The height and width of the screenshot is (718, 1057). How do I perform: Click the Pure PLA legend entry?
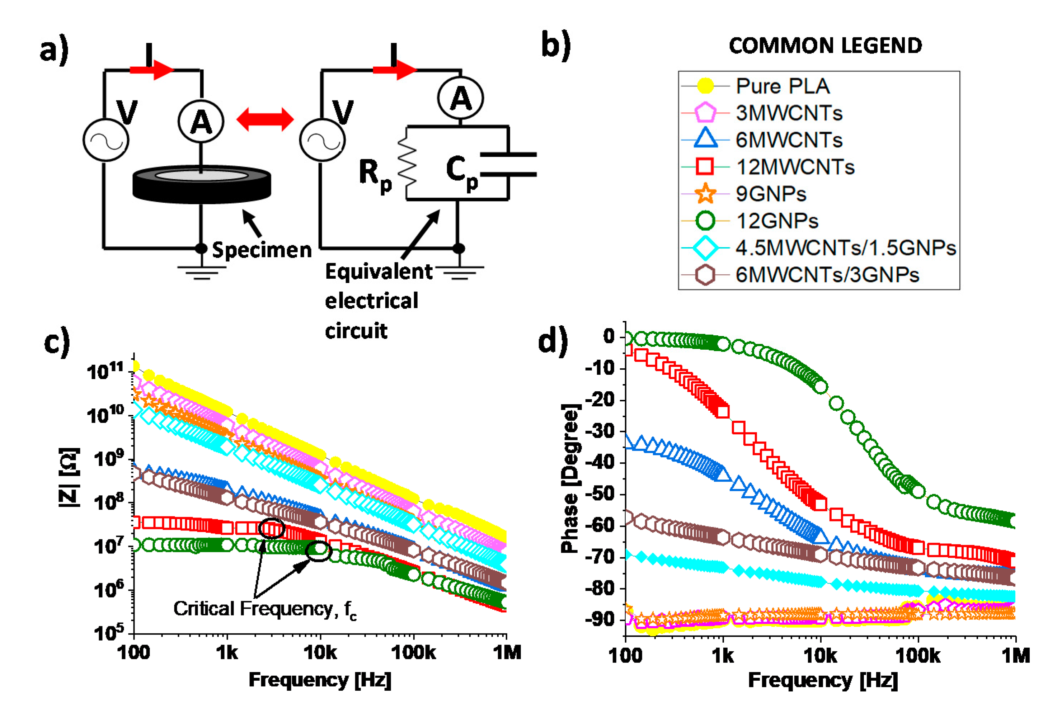(782, 86)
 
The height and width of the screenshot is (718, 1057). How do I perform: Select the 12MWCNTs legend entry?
(795, 167)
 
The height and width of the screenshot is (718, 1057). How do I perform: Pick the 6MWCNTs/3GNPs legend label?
(827, 275)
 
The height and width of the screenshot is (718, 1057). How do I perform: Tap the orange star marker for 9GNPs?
(705, 194)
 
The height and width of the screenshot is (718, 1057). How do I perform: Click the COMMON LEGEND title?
(825, 46)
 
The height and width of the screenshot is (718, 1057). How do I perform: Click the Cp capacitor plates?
(508, 165)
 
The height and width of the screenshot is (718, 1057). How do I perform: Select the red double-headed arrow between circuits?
(265, 119)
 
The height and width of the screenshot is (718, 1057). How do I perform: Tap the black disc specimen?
(202, 184)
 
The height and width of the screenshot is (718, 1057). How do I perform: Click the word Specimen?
(262, 250)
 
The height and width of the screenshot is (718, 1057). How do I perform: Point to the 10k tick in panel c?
(320, 653)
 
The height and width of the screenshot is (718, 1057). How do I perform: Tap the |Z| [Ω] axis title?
(69, 477)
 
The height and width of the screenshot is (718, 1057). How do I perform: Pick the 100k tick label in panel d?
(917, 656)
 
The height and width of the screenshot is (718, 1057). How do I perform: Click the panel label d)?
(553, 341)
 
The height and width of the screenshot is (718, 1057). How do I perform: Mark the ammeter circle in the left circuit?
(201, 122)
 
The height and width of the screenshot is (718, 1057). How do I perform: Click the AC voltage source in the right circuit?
(322, 140)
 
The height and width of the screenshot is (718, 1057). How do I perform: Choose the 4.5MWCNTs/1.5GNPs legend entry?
(845, 248)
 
